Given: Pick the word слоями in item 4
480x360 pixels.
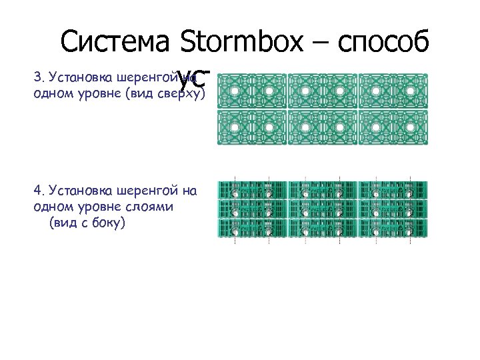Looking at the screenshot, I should point(151,207).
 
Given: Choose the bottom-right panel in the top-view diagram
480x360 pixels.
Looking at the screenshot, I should point(393,127).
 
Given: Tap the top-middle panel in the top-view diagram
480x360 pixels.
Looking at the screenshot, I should point(323,91).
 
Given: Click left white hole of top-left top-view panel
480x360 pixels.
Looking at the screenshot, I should point(235,91).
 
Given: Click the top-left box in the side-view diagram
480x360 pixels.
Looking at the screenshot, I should point(252,191).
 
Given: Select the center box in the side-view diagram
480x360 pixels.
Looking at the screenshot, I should point(323,209).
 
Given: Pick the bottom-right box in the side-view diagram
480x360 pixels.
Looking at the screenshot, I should point(393,229).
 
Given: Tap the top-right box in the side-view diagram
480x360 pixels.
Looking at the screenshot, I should point(393,191).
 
